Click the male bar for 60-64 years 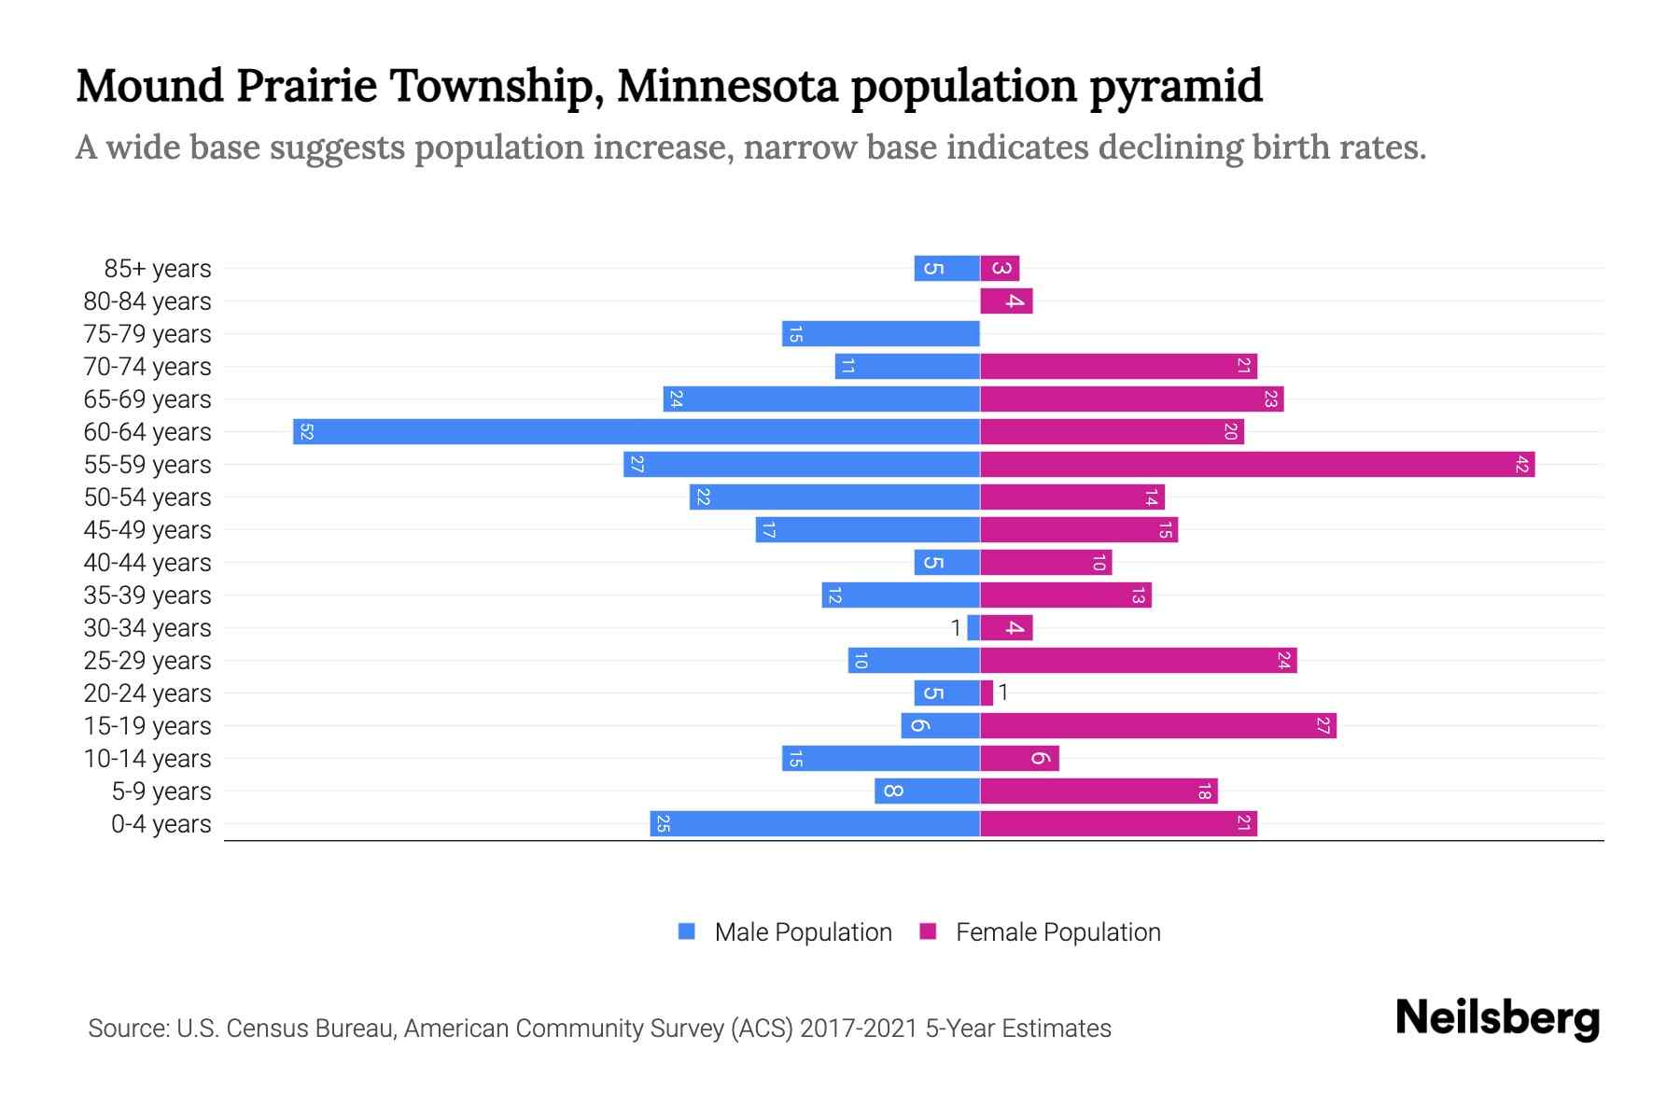click(x=635, y=432)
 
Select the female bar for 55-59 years click(x=1256, y=465)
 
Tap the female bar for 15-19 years click(x=1157, y=726)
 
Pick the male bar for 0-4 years click(x=814, y=824)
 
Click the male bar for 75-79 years click(x=880, y=334)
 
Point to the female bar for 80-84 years click(x=1005, y=301)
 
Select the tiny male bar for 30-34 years click(x=973, y=628)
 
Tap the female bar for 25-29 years click(x=1138, y=661)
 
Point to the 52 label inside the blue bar click(x=306, y=432)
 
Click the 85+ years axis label click(x=158, y=269)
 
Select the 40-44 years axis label click(x=147, y=563)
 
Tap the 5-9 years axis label click(x=161, y=791)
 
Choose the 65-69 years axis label click(x=147, y=399)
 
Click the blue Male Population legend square click(x=687, y=931)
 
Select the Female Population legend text click(x=1057, y=932)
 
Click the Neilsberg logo click(x=1497, y=1018)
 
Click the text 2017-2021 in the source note click(x=859, y=1029)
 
